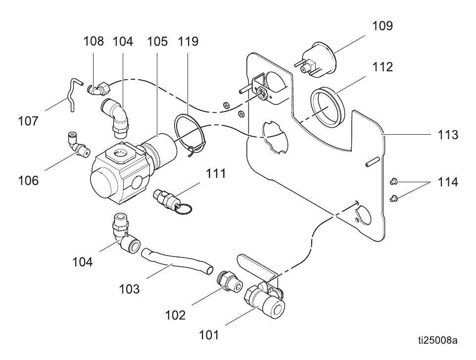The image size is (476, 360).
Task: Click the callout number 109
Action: pyautogui.click(x=382, y=26)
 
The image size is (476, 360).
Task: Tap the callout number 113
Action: pyautogui.click(x=447, y=135)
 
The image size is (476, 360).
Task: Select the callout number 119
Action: pyautogui.click(x=188, y=41)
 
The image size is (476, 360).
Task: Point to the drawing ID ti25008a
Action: pyautogui.click(x=437, y=340)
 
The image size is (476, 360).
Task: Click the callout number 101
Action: pyautogui.click(x=209, y=335)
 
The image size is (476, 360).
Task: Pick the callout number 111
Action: pyautogui.click(x=216, y=173)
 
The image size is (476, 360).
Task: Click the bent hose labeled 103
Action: pyautogui.click(x=177, y=262)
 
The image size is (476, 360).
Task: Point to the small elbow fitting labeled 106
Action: pyautogui.click(x=78, y=145)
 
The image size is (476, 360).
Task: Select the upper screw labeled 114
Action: pyautogui.click(x=393, y=182)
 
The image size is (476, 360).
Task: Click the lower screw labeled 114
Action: pyautogui.click(x=393, y=199)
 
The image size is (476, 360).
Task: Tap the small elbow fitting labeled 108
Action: pyautogui.click(x=99, y=88)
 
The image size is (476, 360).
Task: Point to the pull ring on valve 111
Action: pyautogui.click(x=184, y=208)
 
